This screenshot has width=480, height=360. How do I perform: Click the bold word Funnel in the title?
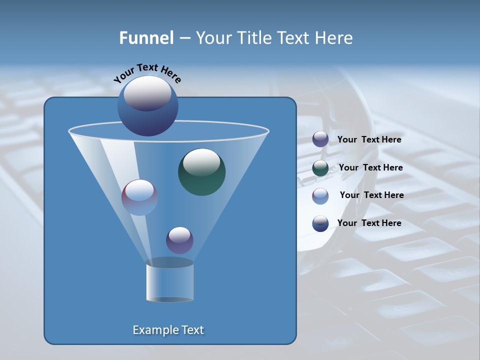146,38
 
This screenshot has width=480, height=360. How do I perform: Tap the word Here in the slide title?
334,38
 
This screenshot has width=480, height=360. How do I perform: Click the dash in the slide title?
184,38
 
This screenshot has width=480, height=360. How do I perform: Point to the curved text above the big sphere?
147,72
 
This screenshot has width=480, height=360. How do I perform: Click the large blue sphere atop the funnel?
147,105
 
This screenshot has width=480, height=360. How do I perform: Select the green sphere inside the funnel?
201,171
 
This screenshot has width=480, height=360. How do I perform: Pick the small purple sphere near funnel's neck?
179,240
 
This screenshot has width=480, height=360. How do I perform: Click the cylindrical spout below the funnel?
169,282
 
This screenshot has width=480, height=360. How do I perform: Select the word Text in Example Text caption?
192,330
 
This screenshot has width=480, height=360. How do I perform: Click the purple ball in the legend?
320,139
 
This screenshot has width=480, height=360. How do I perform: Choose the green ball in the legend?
320,168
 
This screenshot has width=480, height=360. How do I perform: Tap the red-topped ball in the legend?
320,195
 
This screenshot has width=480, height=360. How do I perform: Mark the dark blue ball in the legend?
320,223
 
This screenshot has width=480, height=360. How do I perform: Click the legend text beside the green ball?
370,167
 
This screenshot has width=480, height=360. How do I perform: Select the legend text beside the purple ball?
369,139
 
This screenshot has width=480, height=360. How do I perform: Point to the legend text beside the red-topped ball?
371,195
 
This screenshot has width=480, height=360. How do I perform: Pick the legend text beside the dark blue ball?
369,223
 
